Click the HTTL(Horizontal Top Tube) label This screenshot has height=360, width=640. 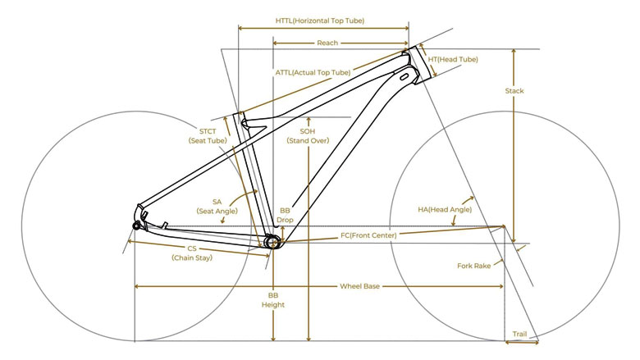tap(320, 21)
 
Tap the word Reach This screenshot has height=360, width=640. tap(327, 43)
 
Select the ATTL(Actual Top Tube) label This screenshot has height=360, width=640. tap(313, 72)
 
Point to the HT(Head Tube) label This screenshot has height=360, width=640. tap(453, 59)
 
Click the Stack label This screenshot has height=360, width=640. tap(514, 91)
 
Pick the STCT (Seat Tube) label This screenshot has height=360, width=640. tap(208, 136)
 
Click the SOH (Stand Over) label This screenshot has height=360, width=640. tap(308, 136)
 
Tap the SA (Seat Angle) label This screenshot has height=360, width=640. tap(217, 207)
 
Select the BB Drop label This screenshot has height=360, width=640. tap(285, 216)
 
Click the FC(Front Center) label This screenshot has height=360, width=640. tap(368, 235)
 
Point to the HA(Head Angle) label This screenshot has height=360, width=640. tap(445, 210)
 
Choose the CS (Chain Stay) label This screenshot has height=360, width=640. tap(192, 253)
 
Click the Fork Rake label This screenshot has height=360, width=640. tap(474, 266)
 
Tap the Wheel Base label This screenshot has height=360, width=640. tap(359, 286)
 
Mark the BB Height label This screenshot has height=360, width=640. tap(273, 299)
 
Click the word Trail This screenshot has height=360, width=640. tap(519, 334)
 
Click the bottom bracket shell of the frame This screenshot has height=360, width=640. tap(272, 242)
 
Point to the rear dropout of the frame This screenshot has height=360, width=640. tap(137, 225)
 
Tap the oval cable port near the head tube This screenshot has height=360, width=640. tap(405, 76)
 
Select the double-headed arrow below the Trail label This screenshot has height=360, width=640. tap(522, 343)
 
